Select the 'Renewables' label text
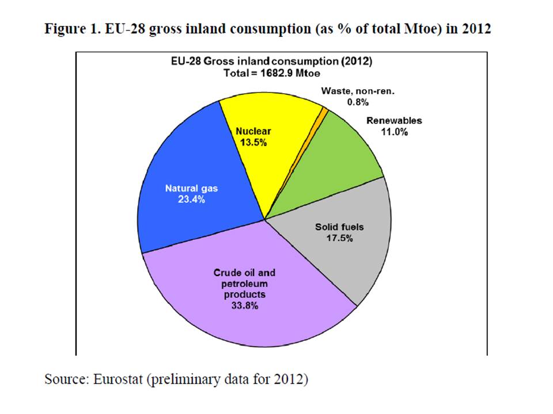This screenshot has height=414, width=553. tap(394, 121)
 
